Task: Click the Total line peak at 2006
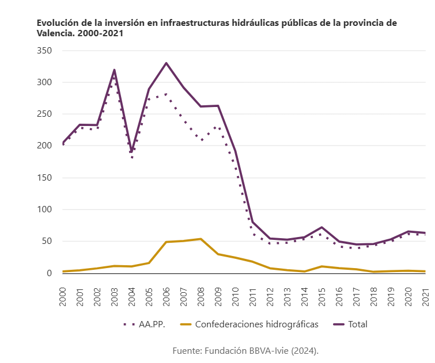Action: click(x=166, y=63)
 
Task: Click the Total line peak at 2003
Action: click(x=114, y=70)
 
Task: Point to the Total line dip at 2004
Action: click(x=131, y=152)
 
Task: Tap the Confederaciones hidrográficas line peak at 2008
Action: click(x=201, y=239)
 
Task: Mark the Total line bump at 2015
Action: click(x=321, y=227)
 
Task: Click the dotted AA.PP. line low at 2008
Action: click(x=201, y=140)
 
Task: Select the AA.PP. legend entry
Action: click(x=144, y=324)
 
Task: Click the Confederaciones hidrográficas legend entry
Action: click(x=249, y=324)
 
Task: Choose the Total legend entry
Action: click(x=350, y=324)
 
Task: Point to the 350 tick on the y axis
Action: click(x=44, y=51)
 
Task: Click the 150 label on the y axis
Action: click(x=44, y=178)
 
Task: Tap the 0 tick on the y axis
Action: click(x=49, y=273)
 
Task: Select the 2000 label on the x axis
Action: click(x=63, y=297)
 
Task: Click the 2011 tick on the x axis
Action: click(x=252, y=297)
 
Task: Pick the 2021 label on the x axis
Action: click(x=425, y=297)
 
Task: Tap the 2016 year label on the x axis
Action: click(x=339, y=297)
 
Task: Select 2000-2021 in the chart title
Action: click(x=100, y=33)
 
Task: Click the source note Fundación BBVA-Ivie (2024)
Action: click(x=261, y=351)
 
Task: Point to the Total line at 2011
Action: click(x=252, y=221)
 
